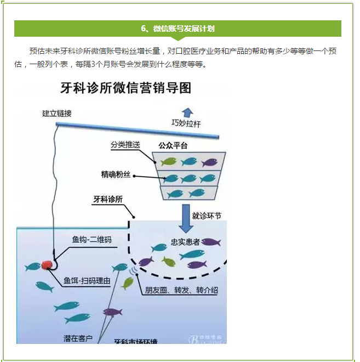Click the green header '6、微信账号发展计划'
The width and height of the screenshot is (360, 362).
[x=178, y=29]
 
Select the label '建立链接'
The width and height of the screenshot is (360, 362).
[x=57, y=114]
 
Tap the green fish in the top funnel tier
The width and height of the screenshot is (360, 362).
[x=167, y=162]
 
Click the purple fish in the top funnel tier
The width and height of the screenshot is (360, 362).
[x=210, y=162]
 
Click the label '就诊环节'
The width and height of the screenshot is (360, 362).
[x=207, y=215]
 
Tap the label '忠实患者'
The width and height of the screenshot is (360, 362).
[x=185, y=242]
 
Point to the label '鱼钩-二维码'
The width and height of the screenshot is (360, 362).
[x=92, y=240]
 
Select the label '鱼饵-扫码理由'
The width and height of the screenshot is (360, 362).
[x=87, y=281]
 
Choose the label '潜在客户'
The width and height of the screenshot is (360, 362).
[x=78, y=338]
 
